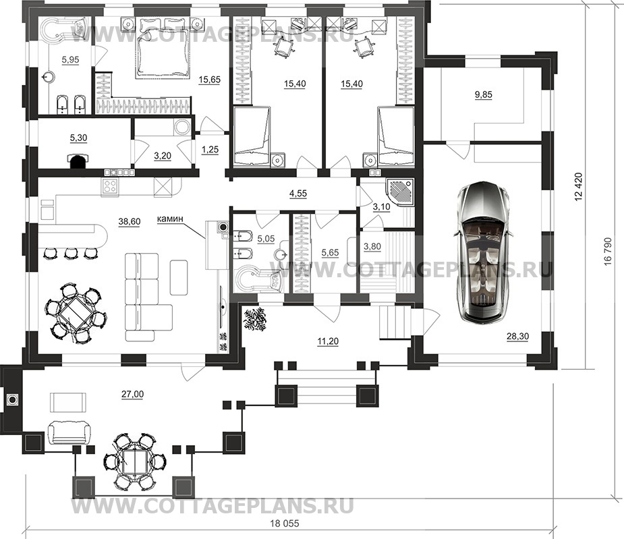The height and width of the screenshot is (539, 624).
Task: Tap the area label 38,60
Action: (x=130, y=222)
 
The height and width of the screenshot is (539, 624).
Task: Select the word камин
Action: (x=170, y=219)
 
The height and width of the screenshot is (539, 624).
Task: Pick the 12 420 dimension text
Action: (x=578, y=186)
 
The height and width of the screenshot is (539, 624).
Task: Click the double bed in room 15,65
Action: (x=163, y=48)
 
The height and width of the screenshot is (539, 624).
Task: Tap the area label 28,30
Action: (x=517, y=337)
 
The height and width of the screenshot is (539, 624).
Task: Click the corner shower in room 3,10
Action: (x=400, y=191)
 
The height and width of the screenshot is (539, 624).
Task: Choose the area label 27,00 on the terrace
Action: (x=132, y=394)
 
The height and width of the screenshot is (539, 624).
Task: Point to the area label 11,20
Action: (x=328, y=341)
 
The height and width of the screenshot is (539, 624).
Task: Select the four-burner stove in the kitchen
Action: (x=110, y=187)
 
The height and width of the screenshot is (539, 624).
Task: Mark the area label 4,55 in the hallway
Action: (x=298, y=194)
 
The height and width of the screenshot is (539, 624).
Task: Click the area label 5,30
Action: (x=78, y=138)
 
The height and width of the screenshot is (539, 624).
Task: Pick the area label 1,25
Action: (x=210, y=149)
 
